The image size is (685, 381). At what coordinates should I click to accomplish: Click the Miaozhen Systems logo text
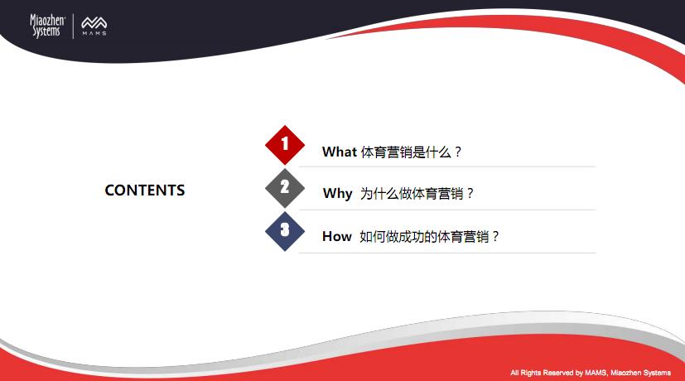tap(47, 26)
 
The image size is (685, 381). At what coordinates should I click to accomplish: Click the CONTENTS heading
tap(145, 190)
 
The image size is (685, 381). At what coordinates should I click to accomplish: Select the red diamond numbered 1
tap(285, 145)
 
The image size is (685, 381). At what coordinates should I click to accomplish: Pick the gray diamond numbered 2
tap(285, 188)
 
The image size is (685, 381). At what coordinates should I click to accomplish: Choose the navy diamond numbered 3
tap(285, 231)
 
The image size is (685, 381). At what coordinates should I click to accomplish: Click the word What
tap(340, 152)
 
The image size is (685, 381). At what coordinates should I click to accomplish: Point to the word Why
tap(337, 194)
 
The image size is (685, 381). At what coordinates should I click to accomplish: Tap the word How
tap(337, 236)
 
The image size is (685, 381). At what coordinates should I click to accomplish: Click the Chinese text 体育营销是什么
tap(406, 152)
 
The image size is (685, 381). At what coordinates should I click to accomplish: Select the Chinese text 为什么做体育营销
tap(412, 194)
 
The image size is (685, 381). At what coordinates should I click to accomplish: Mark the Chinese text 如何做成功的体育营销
tap(424, 236)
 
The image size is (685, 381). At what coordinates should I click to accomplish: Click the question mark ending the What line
tap(457, 152)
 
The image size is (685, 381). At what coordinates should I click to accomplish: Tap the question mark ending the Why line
tap(470, 194)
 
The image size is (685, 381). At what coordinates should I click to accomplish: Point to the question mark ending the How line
tap(495, 236)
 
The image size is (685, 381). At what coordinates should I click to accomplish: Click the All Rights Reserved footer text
tap(591, 373)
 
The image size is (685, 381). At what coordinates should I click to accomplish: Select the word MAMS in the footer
tap(596, 373)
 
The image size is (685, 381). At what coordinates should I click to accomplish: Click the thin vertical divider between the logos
tap(73, 27)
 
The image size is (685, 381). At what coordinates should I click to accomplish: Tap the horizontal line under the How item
tap(447, 253)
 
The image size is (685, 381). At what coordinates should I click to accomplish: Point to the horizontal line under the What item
tap(447, 166)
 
